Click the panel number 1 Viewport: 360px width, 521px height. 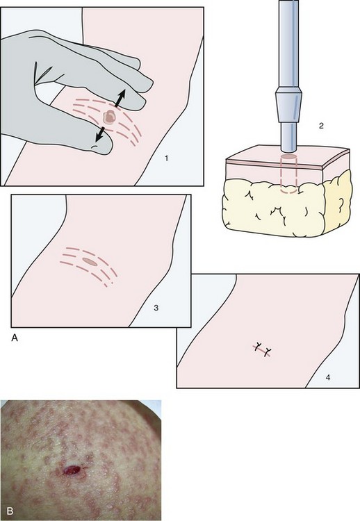tap(166, 158)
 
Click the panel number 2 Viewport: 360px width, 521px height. tap(321, 126)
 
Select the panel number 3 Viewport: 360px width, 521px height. tap(156, 308)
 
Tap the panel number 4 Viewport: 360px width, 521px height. tap(328, 377)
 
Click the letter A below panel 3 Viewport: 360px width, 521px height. tap(15, 338)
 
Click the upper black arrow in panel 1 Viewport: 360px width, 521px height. tap(120, 98)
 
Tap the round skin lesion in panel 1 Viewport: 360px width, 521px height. tap(108, 117)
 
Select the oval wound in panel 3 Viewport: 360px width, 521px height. tap(90, 262)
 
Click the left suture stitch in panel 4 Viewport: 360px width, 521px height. tap(259, 347)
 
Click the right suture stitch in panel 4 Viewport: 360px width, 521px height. tap(268, 352)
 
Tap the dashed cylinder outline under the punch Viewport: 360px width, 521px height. tap(288, 174)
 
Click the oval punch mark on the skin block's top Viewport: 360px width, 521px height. tap(288, 156)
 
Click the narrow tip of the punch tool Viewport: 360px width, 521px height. tap(288, 136)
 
